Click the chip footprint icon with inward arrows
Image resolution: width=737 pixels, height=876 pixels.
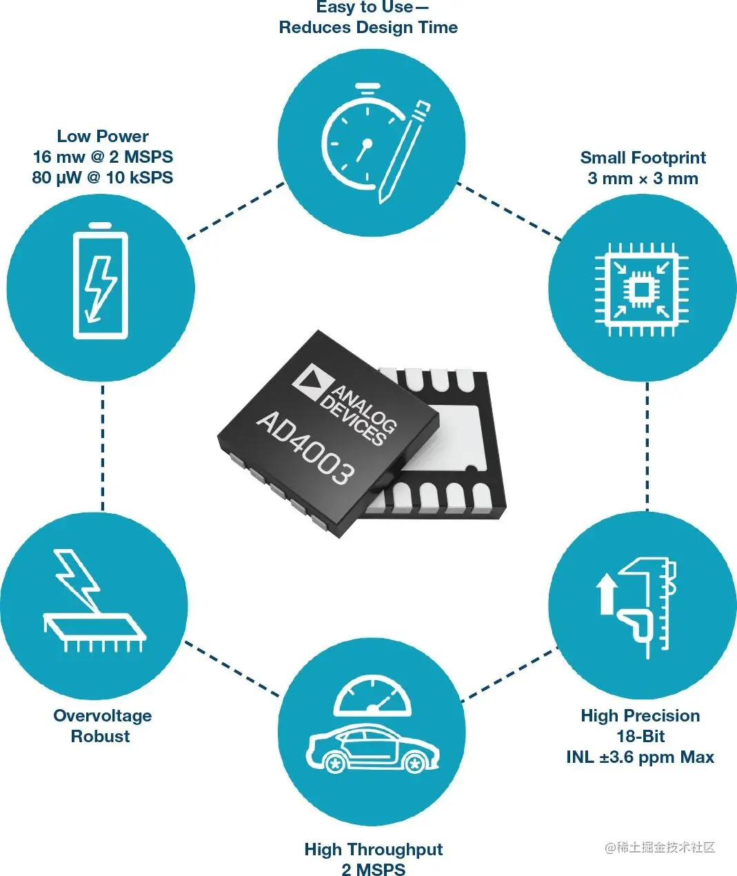pyautogui.click(x=641, y=288)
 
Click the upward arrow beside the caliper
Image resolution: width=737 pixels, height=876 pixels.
pyautogui.click(x=607, y=593)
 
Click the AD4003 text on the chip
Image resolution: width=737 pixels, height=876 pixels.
pyautogui.click(x=305, y=448)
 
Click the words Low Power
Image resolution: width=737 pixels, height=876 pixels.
pyautogui.click(x=103, y=136)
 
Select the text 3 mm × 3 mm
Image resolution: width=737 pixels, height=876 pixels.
pyautogui.click(x=643, y=179)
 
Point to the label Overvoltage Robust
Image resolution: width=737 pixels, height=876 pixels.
pyautogui.click(x=102, y=726)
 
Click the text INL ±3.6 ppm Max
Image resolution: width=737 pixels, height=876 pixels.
pyautogui.click(x=640, y=757)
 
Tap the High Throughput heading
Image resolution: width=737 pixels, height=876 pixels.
pyautogui.click(x=373, y=849)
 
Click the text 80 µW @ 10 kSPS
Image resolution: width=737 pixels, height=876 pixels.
pyautogui.click(x=103, y=177)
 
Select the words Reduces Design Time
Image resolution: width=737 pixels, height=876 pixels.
pyautogui.click(x=368, y=28)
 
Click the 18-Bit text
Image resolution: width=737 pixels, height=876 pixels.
pyautogui.click(x=640, y=736)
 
